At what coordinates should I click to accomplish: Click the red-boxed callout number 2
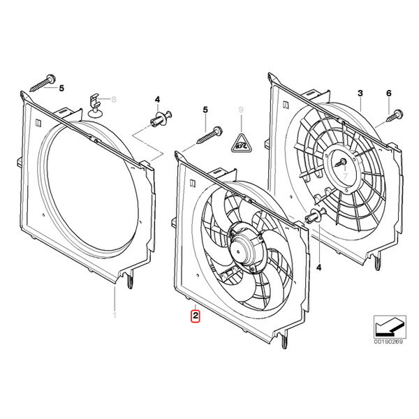coord(196,316)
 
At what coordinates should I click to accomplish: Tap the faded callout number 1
coord(115,315)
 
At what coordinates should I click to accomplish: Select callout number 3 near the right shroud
coord(360,94)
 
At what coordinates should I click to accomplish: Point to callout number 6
coord(388,94)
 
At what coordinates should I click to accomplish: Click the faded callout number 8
coord(114,100)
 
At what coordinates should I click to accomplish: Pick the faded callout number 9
coord(241,110)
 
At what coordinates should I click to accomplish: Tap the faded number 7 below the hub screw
coord(345,176)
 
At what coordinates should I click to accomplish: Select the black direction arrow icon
coord(388,327)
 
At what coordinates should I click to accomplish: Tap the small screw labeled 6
coord(395,115)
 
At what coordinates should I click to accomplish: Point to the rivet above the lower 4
coord(316,216)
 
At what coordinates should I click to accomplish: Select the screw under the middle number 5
coord(209,135)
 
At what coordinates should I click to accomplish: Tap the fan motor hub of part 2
coord(246,245)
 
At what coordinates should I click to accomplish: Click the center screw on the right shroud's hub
coord(341,162)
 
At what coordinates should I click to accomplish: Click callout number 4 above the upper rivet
coord(157,100)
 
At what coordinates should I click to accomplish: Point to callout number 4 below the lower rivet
coord(318,267)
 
